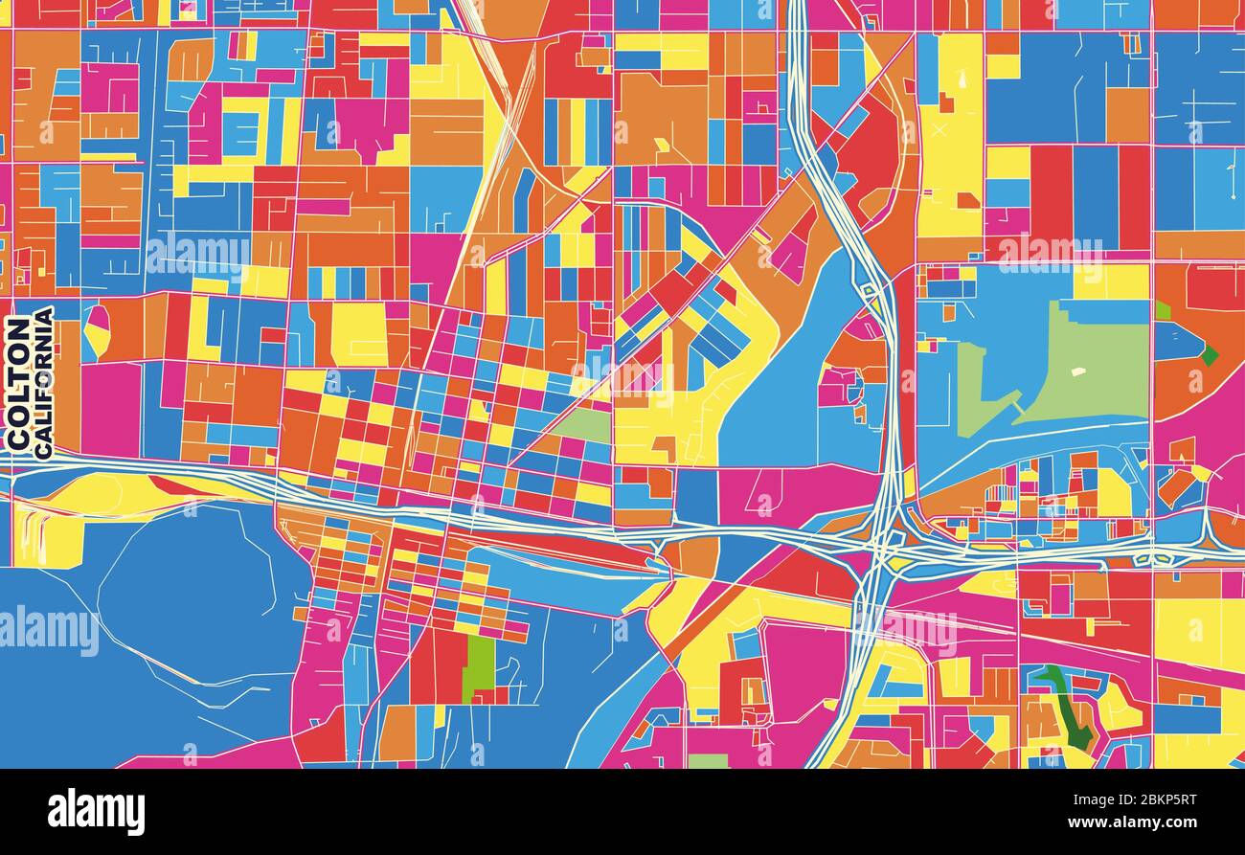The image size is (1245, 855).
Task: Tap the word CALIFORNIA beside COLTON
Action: [x=43, y=383]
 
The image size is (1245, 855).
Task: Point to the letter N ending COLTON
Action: [x=17, y=328]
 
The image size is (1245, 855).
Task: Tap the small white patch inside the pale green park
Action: [x=1078, y=371]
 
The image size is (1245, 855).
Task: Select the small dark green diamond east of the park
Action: [x=1210, y=355]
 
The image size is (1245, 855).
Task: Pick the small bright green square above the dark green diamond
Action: [x=1163, y=310]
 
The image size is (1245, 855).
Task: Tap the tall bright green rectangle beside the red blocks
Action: [x=480, y=666]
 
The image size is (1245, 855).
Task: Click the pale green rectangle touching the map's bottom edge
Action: [x=708, y=761]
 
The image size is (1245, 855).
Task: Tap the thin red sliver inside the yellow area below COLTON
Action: [x=177, y=486]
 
